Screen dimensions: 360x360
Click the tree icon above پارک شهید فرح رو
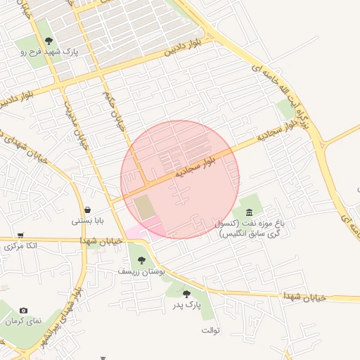pyautogui.click(x=48, y=41)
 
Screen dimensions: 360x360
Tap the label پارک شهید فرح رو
pyautogui.click(x=44, y=52)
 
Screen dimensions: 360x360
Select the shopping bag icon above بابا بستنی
pyautogui.click(x=87, y=210)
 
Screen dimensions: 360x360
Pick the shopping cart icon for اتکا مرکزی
pyautogui.click(x=21, y=236)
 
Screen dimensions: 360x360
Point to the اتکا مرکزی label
pyautogui.click(x=20, y=246)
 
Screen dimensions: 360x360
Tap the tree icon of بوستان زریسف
pyautogui.click(x=141, y=259)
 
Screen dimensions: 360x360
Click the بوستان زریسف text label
pyautogui.click(x=141, y=271)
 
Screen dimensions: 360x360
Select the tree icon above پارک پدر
pyautogui.click(x=186, y=295)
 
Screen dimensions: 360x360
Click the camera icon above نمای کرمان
pyautogui.click(x=24, y=311)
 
